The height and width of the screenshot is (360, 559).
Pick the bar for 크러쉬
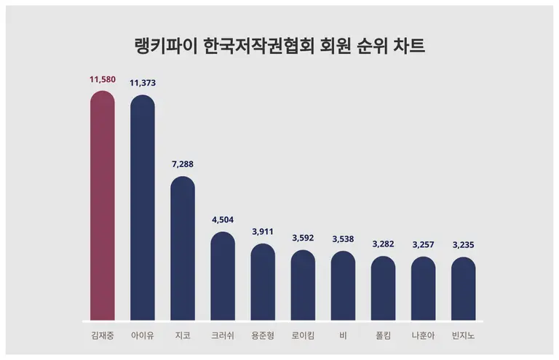223,276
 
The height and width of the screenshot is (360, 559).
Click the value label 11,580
102,79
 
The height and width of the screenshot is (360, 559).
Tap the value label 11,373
143,83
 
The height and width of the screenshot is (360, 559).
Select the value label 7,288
183,164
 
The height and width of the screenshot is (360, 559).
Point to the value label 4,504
223,220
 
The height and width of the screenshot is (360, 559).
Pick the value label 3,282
383,244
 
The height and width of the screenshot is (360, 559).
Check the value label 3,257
423,244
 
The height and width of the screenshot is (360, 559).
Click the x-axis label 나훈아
423,336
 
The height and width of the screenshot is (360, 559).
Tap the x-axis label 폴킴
383,336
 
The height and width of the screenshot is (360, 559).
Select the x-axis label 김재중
102,336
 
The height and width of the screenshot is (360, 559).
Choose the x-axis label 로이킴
303,336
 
